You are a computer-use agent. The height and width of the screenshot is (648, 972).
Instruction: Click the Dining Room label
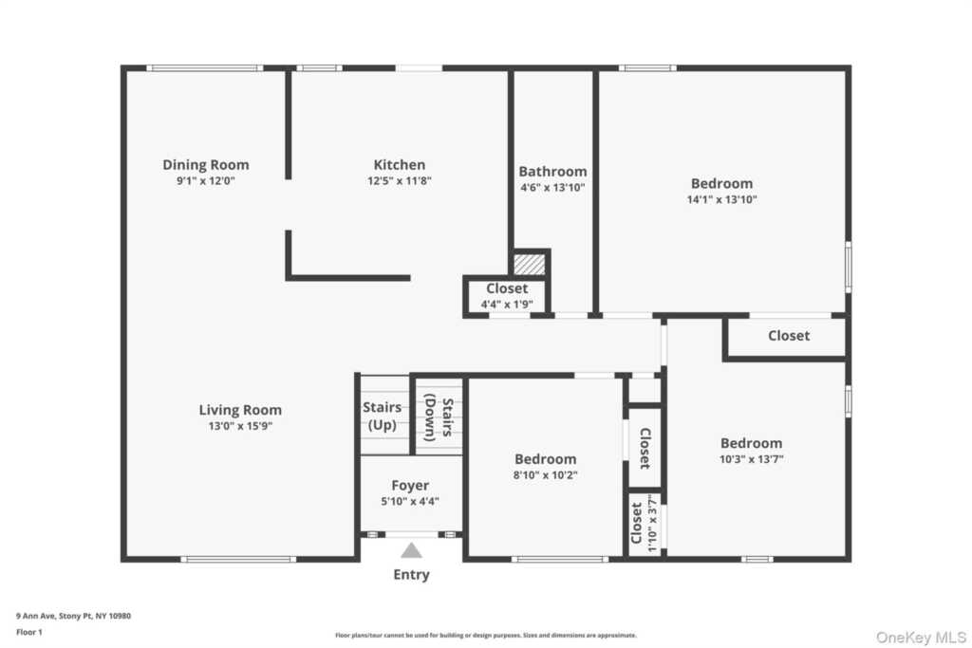point(205,165)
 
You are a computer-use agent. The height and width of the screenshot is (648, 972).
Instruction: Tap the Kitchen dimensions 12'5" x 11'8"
point(399,180)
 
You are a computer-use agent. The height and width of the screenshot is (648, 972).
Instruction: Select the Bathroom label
point(552,172)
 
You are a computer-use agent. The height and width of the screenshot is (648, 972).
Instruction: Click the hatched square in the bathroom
point(529,264)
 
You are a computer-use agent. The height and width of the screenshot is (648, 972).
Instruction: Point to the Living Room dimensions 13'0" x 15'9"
point(240,426)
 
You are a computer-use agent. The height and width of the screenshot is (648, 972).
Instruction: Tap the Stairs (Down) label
point(439,417)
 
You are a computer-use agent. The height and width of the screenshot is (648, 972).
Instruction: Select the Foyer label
point(410,486)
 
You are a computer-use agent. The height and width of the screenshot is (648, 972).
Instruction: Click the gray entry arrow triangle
point(411,550)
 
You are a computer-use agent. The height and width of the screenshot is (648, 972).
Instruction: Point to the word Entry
point(411,574)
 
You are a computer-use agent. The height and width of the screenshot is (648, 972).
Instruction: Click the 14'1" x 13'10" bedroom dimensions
point(721,199)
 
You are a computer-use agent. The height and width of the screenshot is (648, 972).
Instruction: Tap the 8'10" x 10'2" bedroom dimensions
point(545,474)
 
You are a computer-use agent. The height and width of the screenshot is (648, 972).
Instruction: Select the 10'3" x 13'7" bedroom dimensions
point(751,458)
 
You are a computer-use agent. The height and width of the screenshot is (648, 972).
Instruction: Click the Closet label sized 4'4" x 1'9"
point(507,288)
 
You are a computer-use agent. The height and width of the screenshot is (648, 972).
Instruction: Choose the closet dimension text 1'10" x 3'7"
point(650,523)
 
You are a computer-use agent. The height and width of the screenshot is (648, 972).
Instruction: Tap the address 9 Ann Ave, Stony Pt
point(73,616)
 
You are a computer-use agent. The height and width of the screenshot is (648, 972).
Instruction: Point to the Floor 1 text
point(29,631)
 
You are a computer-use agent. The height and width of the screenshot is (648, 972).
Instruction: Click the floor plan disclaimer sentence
point(485,636)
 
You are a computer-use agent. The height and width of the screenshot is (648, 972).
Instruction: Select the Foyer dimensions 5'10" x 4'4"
point(410,501)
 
